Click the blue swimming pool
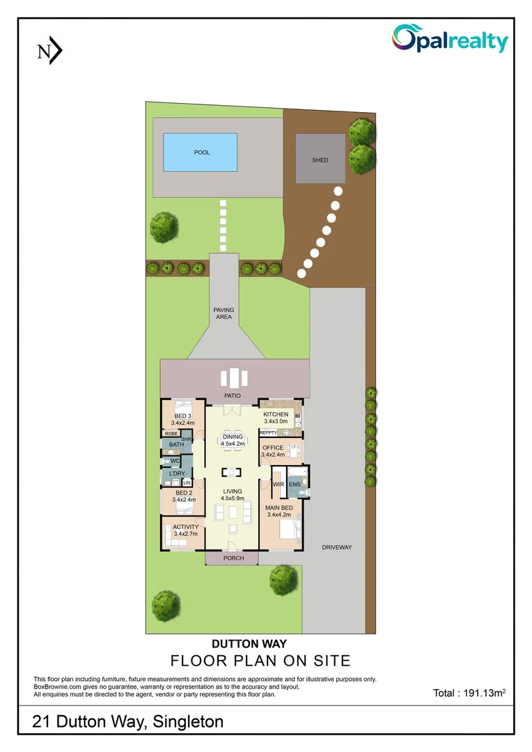click(x=199, y=152)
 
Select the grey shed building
click(x=320, y=160)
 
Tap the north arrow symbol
click(x=49, y=51)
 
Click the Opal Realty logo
click(x=450, y=39)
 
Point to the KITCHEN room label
click(x=276, y=414)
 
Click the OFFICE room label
click(x=273, y=448)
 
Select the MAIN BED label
click(x=278, y=508)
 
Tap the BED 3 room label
click(x=182, y=416)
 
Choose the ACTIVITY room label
click(x=186, y=527)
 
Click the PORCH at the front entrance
click(x=233, y=558)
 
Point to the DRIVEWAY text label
click(x=337, y=547)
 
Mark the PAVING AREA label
click(x=224, y=313)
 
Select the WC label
click(x=175, y=460)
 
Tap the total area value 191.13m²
click(x=469, y=693)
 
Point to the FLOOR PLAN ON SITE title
click(x=260, y=660)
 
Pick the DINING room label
click(x=233, y=437)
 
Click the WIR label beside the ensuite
click(x=278, y=484)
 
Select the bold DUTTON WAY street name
click(x=249, y=644)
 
